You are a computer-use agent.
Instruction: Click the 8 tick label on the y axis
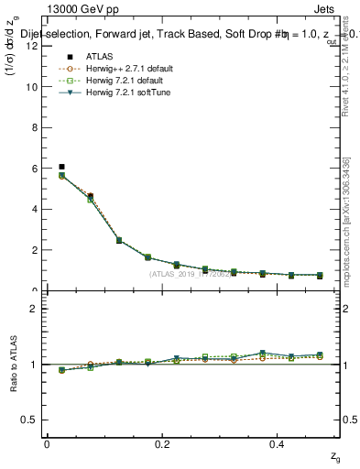(34, 127)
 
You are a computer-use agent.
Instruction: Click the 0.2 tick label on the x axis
(163, 444)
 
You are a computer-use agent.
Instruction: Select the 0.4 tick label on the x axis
(279, 444)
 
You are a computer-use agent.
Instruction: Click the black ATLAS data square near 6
(61, 167)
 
